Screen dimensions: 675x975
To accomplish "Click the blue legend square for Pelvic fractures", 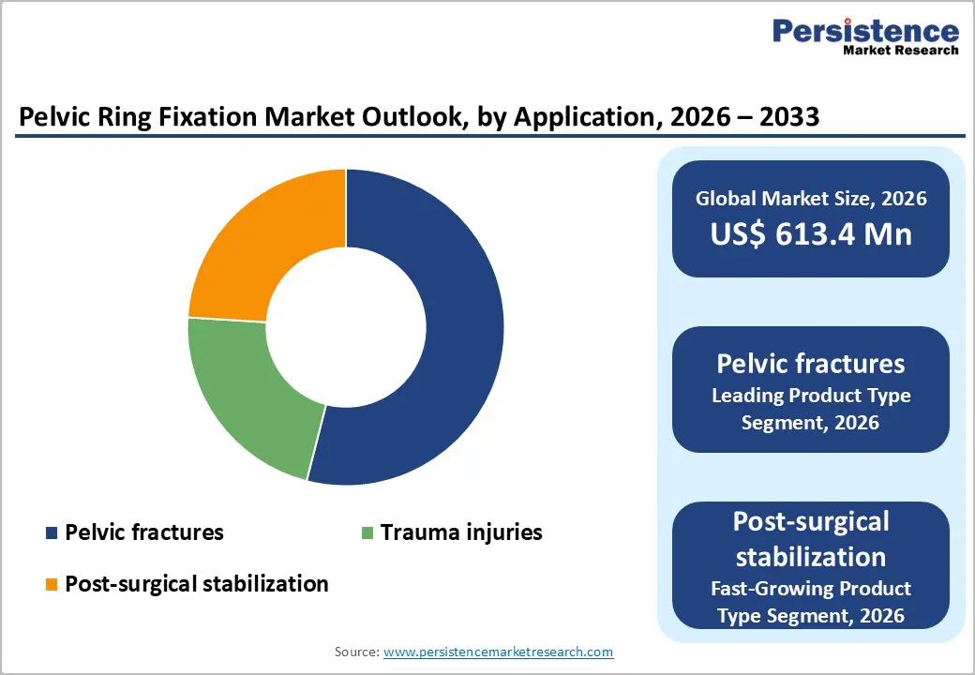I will click(51, 533).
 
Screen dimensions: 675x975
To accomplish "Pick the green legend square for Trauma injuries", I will click(367, 533).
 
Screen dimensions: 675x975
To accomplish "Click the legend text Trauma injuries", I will click(460, 532).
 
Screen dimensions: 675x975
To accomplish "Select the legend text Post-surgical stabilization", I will click(197, 584).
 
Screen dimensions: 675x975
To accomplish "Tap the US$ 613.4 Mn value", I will click(810, 233).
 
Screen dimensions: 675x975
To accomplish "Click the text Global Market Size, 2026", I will click(810, 198).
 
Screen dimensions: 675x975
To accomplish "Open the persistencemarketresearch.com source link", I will click(499, 652).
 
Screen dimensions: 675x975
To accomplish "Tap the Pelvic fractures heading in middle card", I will click(810, 363).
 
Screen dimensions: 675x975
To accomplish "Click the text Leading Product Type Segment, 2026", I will click(810, 409).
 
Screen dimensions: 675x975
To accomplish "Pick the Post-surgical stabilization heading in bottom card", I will click(810, 539).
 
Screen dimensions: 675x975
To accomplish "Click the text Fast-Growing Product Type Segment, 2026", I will click(810, 602).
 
